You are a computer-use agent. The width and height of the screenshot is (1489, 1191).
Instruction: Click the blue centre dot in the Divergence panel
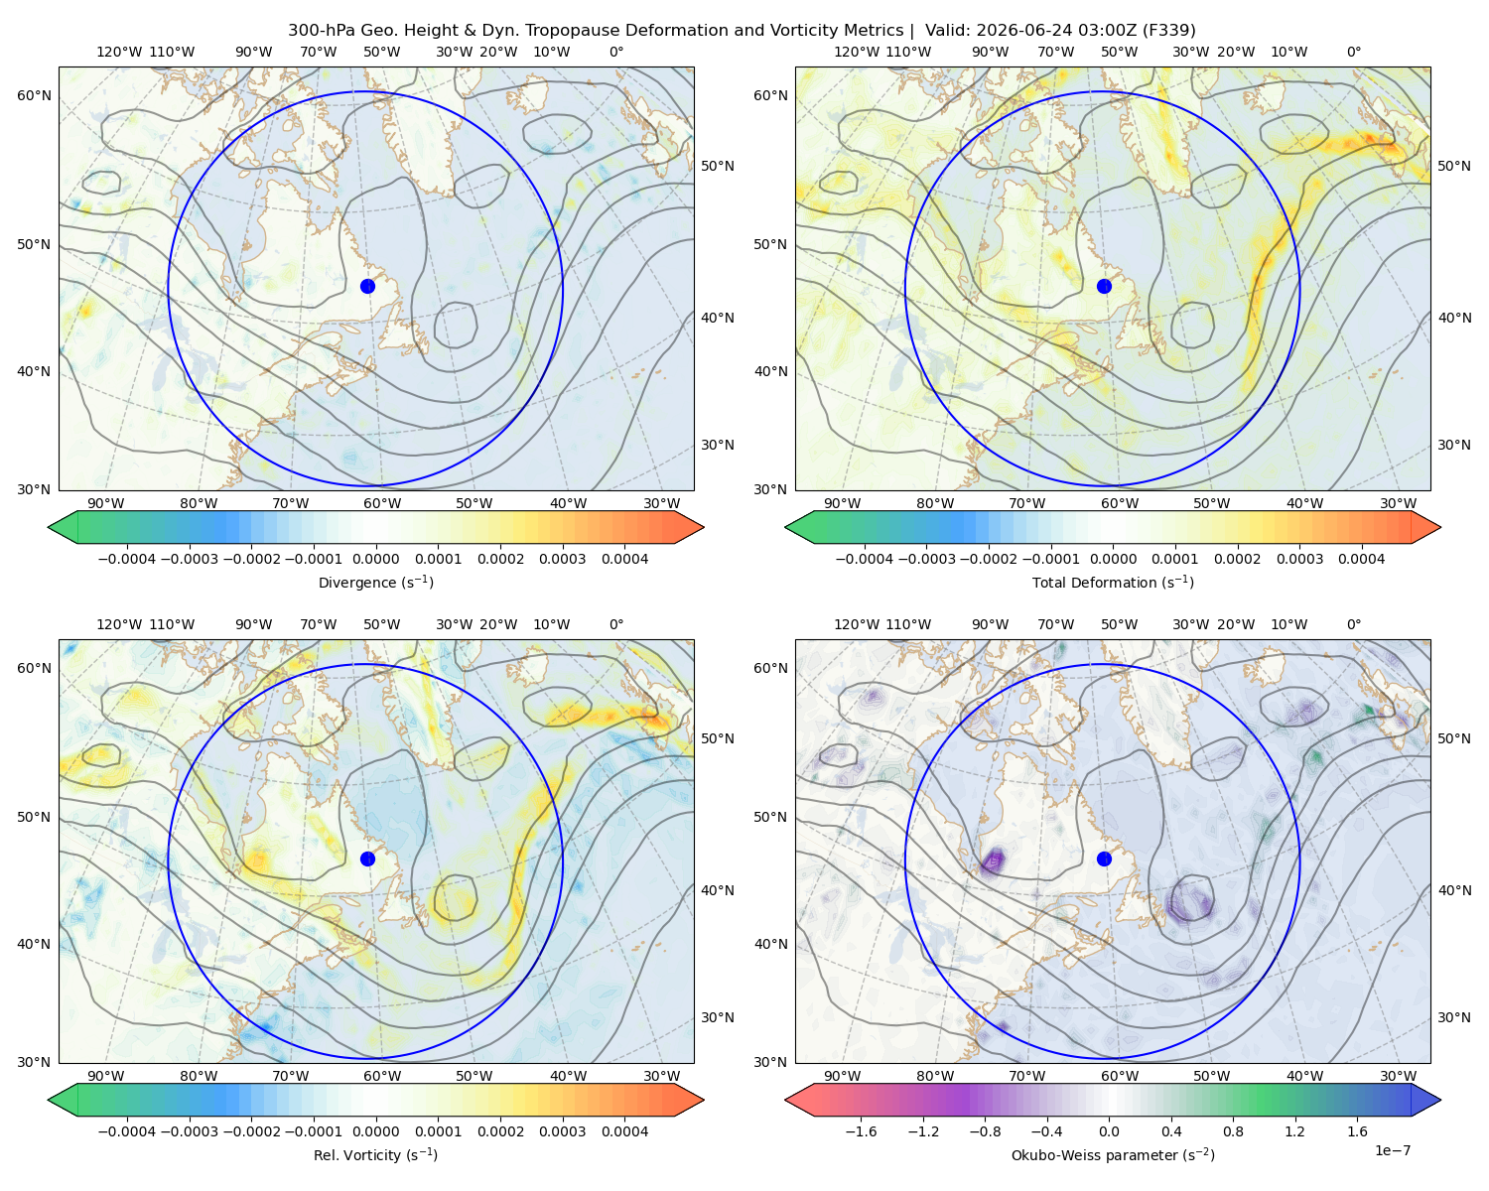coord(367,286)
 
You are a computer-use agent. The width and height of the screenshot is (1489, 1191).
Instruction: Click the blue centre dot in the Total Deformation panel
coord(1104,286)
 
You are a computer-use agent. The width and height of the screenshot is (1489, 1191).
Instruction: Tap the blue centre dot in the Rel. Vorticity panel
coord(367,859)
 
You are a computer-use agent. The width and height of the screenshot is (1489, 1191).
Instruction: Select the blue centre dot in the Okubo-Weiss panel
coord(1104,859)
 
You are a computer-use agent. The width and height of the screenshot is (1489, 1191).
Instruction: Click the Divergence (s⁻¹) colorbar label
coord(375,582)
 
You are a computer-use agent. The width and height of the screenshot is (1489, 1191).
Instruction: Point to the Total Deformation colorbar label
coord(1113,582)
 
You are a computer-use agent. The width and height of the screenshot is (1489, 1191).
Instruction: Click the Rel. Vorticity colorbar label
coord(375,1154)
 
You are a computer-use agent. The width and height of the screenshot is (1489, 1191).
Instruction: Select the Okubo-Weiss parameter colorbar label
coord(1113,1154)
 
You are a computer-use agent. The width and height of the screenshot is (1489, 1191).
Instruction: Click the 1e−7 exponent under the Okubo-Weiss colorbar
coord(1392,1150)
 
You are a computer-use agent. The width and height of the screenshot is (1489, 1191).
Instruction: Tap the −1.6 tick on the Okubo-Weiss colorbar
coord(862,1130)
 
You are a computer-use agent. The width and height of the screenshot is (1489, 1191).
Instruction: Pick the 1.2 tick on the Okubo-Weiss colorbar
coord(1294,1130)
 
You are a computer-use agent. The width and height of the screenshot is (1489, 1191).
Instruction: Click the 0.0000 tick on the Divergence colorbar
coord(375,559)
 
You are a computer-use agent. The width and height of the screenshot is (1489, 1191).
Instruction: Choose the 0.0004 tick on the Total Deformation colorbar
coord(1361,559)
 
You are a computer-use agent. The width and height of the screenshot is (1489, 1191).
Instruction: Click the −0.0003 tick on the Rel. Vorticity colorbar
coord(189,1130)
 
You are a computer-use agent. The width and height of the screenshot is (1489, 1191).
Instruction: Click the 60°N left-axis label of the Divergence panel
coord(34,95)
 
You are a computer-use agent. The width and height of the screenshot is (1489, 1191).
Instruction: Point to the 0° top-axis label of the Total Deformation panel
coord(1353,52)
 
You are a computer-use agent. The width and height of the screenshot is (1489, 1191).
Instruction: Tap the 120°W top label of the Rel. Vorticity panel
coord(119,624)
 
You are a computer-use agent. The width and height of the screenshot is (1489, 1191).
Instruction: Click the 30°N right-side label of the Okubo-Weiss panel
coord(1453,1017)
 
